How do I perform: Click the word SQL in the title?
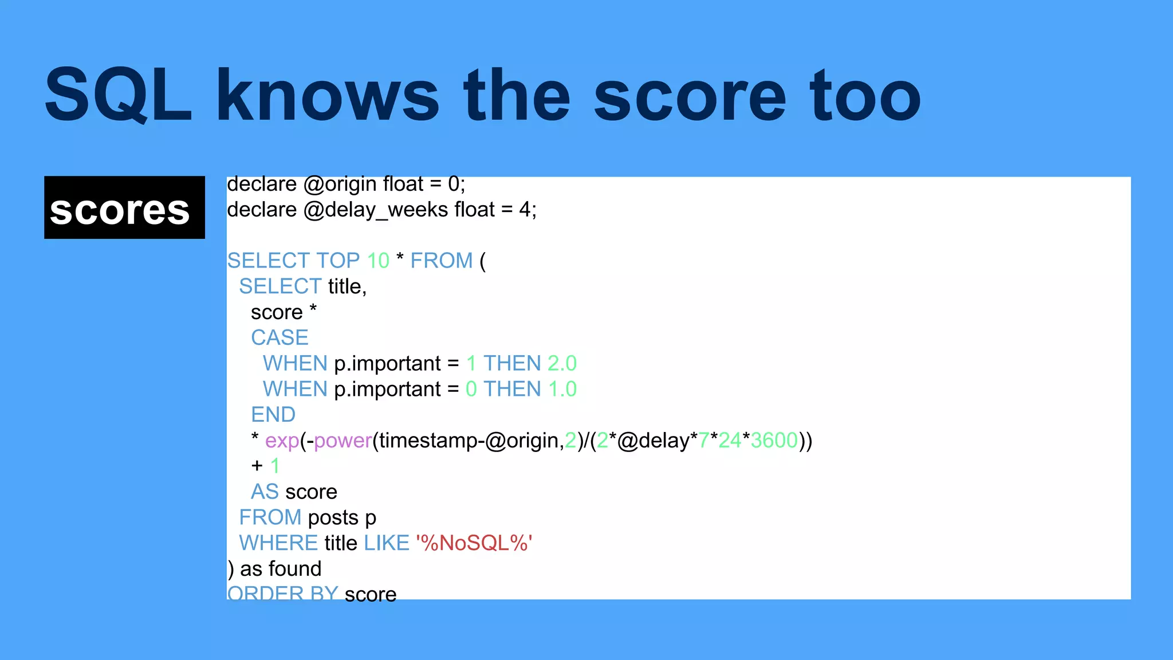pos(117,95)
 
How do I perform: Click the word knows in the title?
pos(327,95)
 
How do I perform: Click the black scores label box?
pos(124,207)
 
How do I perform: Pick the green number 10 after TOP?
pos(378,261)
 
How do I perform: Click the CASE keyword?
pos(280,337)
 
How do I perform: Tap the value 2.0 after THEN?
pos(562,363)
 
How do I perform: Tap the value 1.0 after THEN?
pos(562,389)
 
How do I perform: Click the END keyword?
pos(273,414)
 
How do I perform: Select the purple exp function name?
pos(282,441)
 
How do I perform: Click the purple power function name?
pos(343,441)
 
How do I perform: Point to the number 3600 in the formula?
pos(774,441)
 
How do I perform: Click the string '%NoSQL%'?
pos(474,543)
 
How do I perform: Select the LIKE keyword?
pos(387,543)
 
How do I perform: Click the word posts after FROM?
pos(333,518)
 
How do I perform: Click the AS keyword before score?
pos(265,492)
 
